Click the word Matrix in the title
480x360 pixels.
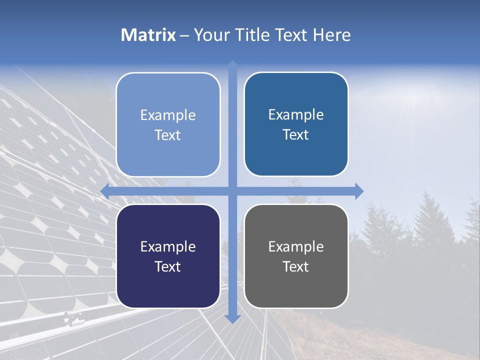(148, 35)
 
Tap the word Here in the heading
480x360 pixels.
(331, 35)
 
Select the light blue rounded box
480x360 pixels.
(168, 124)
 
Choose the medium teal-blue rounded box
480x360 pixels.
(296, 124)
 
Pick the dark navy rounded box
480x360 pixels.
(168, 256)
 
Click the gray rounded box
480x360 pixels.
(296, 256)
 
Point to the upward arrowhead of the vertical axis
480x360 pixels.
(232, 64)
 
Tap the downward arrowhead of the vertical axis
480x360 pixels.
(232, 318)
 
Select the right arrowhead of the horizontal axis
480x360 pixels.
(359, 191)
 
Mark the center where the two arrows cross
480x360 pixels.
(232, 191)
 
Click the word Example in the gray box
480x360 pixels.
(296, 246)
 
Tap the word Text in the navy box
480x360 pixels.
(168, 266)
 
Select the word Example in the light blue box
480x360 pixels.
(168, 115)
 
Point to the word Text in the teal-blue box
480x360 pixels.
(296, 134)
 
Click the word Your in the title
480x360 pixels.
(211, 35)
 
